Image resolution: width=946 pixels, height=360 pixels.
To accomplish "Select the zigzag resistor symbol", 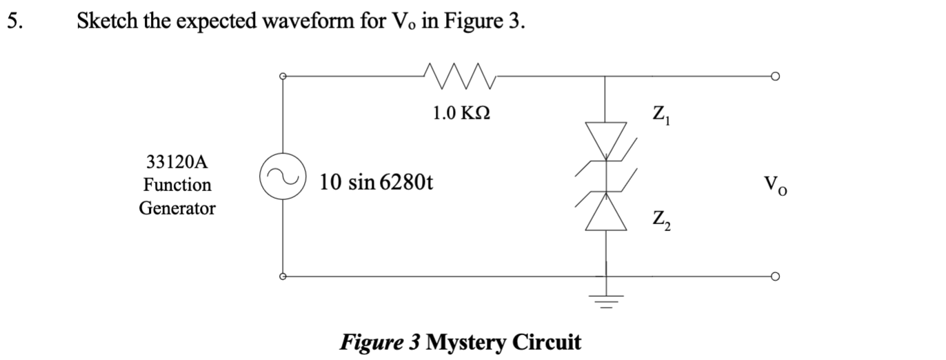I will (x=458, y=72).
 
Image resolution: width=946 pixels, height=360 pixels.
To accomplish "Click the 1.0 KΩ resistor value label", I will (x=461, y=112).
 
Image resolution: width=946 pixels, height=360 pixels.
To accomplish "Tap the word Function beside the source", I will (x=177, y=185).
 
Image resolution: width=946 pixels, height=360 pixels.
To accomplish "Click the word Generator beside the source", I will (x=177, y=208).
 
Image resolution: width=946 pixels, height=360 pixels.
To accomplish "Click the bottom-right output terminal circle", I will (x=776, y=277).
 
